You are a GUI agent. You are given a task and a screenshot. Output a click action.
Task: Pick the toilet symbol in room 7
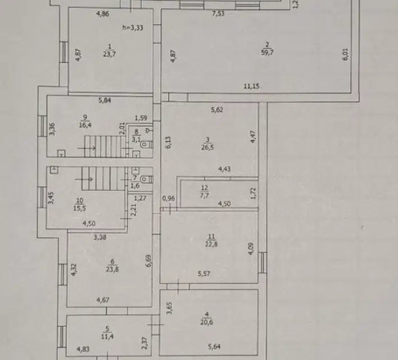coord(145,180)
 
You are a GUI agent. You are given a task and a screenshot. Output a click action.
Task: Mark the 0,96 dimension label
coord(168,198)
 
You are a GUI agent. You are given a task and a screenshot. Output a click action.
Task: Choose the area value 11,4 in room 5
coord(105,338)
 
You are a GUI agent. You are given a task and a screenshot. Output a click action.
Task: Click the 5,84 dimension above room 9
coord(104,101)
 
